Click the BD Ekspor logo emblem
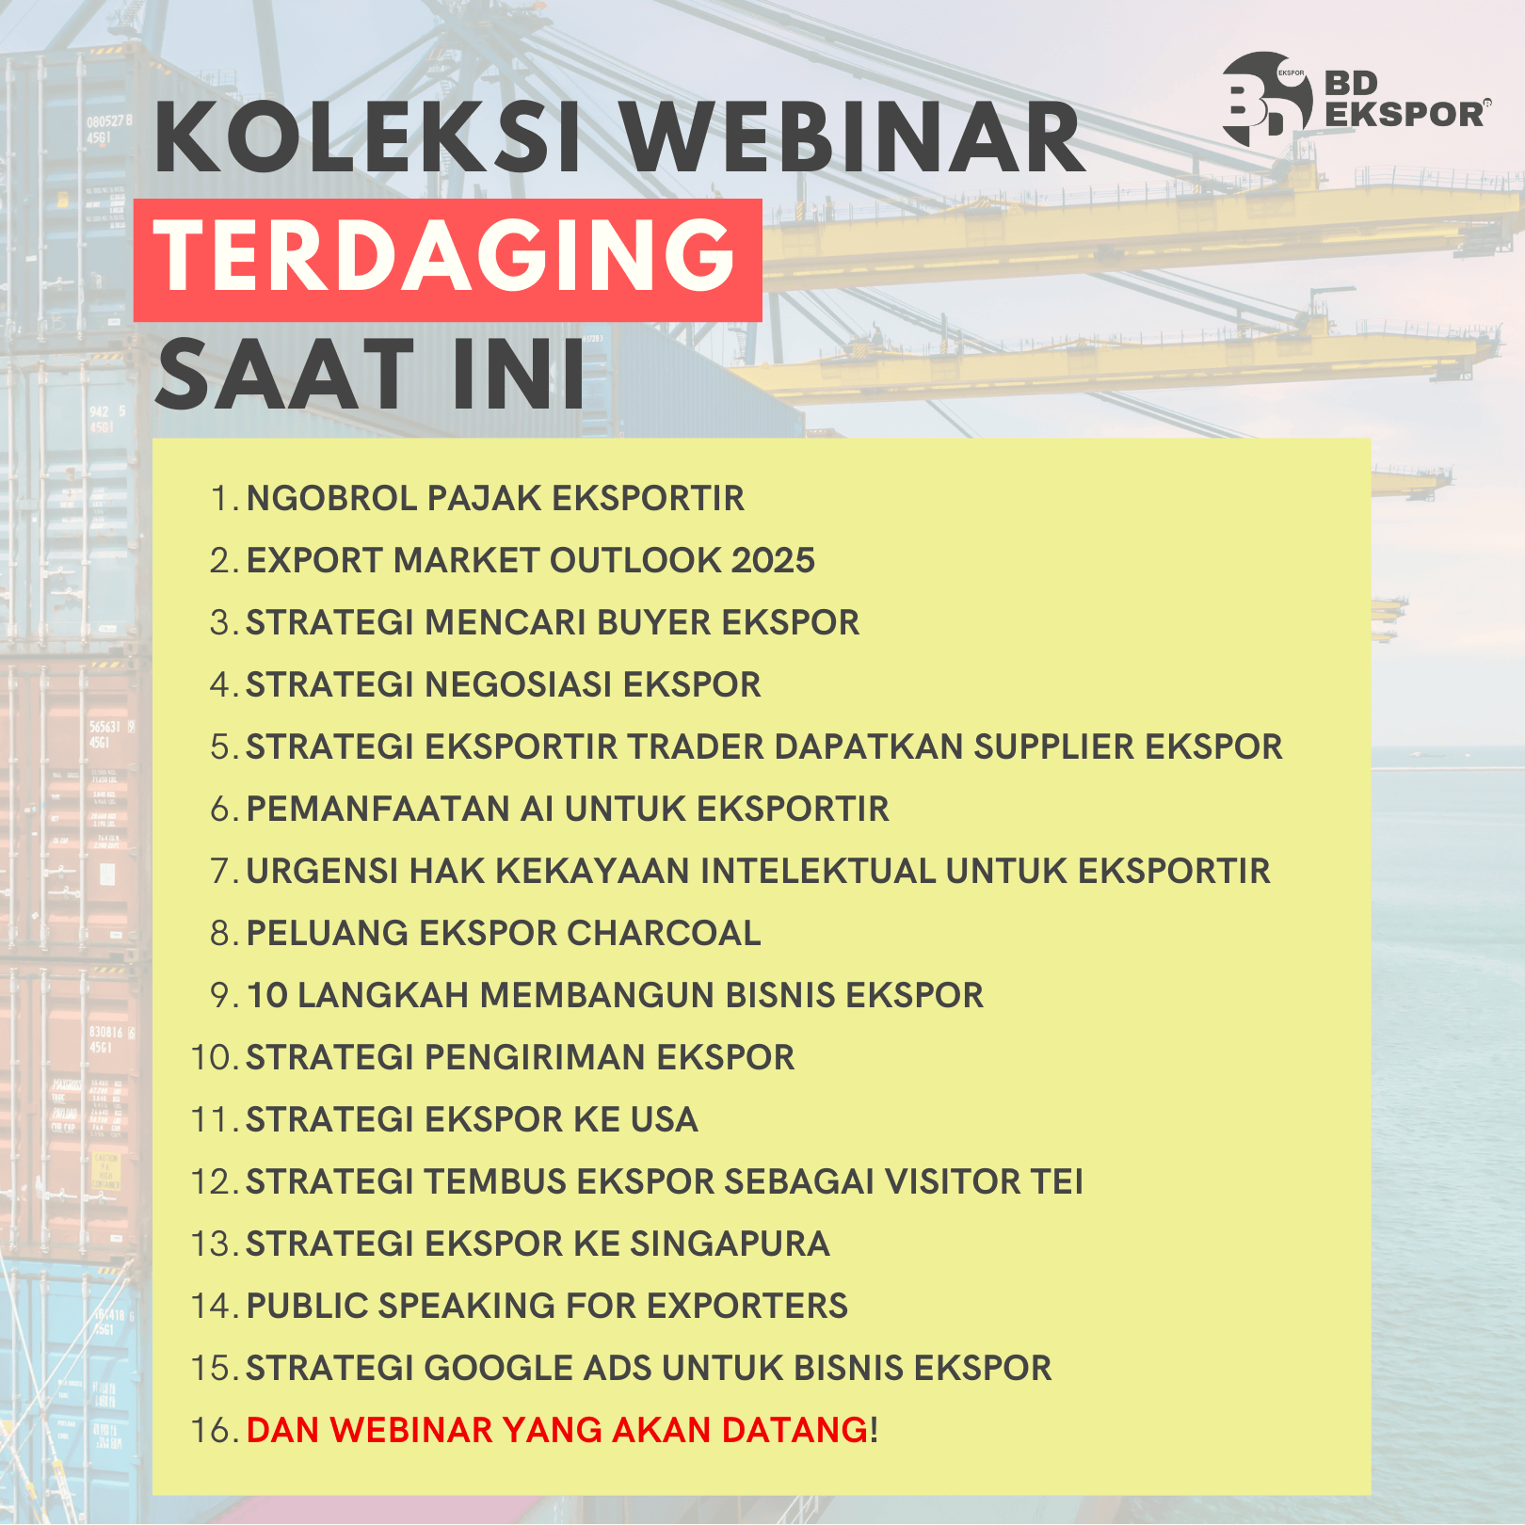(x=1267, y=99)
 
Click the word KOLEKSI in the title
(x=368, y=138)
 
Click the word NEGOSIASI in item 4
(x=519, y=684)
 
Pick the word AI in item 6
(x=538, y=809)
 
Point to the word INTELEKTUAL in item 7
(x=818, y=871)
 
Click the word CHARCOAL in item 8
(x=664, y=933)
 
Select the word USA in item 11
(x=665, y=1119)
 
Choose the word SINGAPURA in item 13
(x=730, y=1244)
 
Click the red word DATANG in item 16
(x=795, y=1430)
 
